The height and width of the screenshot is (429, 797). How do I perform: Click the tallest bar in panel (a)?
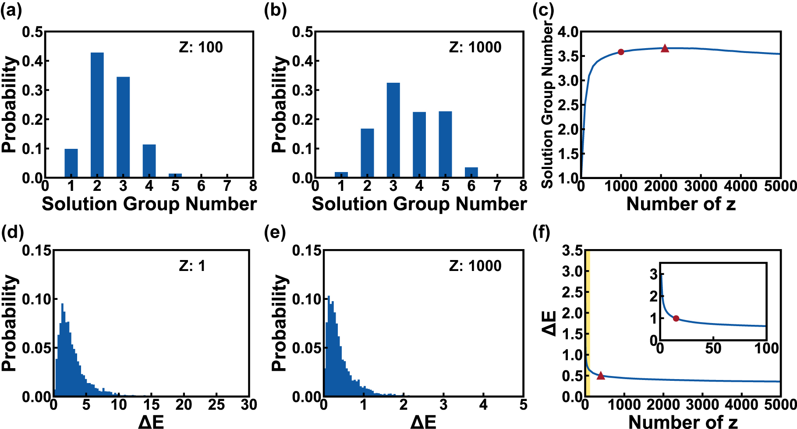point(97,115)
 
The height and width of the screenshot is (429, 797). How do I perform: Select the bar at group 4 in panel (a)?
point(149,161)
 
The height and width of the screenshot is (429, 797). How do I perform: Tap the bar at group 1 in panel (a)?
point(71,163)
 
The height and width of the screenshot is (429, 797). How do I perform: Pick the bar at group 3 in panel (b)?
point(393,130)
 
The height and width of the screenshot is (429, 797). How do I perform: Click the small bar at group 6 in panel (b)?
point(471,172)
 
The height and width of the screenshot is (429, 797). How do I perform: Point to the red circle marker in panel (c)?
point(620,52)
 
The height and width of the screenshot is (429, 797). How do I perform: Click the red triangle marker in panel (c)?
point(665,49)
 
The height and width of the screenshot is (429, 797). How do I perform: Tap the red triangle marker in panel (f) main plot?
point(601,376)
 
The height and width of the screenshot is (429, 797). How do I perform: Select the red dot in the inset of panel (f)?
point(676,318)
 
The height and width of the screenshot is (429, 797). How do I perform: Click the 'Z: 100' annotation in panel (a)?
point(201,47)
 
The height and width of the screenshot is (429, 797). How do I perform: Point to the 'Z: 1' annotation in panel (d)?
point(192,266)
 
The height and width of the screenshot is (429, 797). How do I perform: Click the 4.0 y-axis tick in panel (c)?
point(568,32)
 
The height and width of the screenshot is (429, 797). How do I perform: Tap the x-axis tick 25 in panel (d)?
point(216,405)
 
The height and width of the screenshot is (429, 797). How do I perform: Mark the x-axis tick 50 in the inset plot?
point(713,348)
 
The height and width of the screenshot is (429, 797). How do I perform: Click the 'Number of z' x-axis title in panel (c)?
point(681,204)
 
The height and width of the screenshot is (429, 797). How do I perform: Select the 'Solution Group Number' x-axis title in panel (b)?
point(419,204)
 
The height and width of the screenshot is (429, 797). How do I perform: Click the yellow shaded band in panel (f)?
point(588,324)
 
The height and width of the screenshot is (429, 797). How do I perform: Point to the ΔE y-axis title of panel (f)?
point(549,324)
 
